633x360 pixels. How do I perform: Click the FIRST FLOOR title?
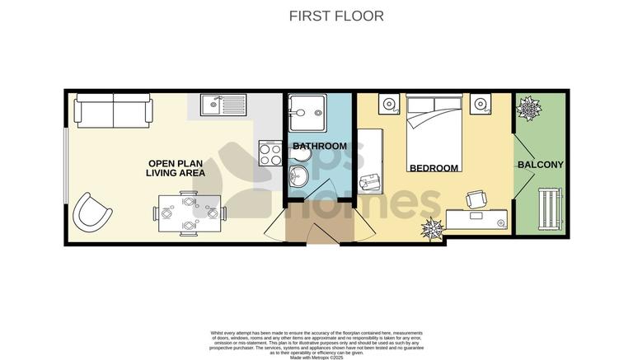[x=336, y=16]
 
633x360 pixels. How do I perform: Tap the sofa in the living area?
[x=113, y=109]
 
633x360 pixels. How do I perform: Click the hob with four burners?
[x=271, y=153]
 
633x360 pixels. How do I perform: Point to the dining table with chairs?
[x=189, y=213]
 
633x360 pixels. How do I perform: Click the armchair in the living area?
[x=91, y=212]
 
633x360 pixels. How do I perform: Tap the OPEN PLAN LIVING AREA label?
[x=174, y=168]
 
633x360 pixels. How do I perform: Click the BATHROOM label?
[x=320, y=147]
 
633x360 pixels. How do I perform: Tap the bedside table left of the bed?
[x=389, y=105]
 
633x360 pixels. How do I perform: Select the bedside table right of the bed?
[x=480, y=105]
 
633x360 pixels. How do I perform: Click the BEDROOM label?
[x=434, y=168]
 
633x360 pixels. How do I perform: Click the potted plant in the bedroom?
[x=431, y=228]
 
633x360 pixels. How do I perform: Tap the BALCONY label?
[x=541, y=165]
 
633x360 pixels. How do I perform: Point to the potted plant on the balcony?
[x=527, y=107]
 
